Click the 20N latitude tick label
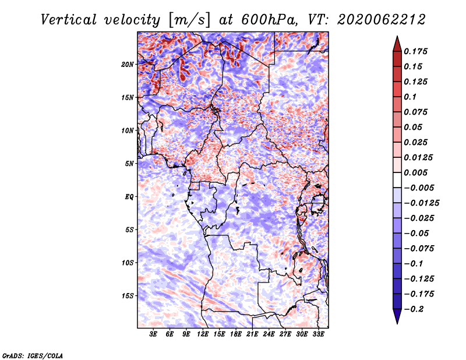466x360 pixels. pos(128,64)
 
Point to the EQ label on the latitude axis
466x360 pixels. pos(129,197)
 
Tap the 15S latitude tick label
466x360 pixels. pos(128,296)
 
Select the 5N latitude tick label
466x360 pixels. pos(129,164)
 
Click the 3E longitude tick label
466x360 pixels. pos(153,334)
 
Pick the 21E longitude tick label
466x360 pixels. pos(252,334)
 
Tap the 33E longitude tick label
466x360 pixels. pos(318,334)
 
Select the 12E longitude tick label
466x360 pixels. pos(203,334)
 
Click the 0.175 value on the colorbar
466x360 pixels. pos(415,51)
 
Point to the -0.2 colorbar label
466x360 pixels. pos(414,309)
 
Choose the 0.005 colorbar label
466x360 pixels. pos(415,172)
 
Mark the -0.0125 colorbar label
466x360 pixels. pos(421,203)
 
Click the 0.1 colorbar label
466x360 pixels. pos(410,97)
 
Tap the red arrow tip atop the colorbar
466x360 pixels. pos(397,37)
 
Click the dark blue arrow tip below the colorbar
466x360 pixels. pos(397,323)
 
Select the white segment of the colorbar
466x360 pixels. pos(397,180)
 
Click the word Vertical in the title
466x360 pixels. pos(69,20)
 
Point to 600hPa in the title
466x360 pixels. pos(269,20)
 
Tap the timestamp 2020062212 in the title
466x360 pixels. pos(382,20)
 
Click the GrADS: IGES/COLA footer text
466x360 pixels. pos(33,355)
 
